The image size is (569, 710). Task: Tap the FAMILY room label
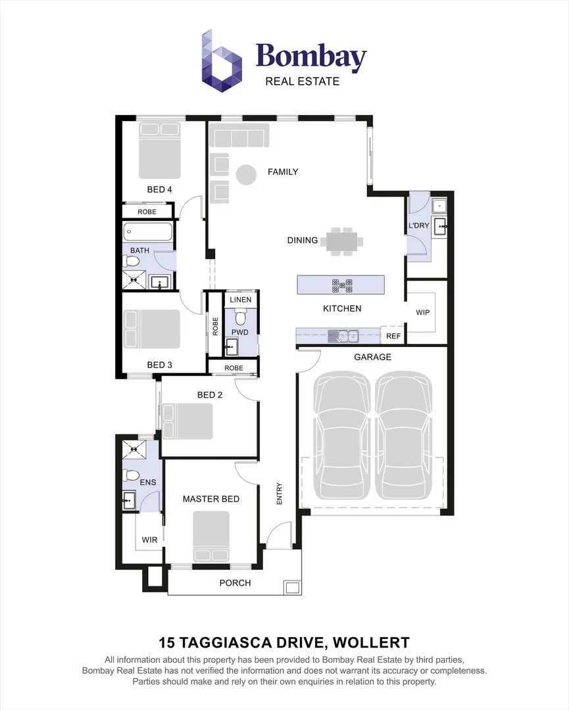tap(283, 172)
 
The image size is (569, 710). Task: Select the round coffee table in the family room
tap(246, 174)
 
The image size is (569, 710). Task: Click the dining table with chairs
tap(341, 241)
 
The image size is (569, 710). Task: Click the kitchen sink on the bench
tap(343, 337)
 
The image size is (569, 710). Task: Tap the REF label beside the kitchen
tap(393, 336)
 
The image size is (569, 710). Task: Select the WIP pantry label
tap(423, 312)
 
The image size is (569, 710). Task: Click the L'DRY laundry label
tap(419, 225)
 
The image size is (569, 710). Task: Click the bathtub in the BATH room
tap(148, 231)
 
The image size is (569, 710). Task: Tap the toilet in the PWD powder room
tap(240, 319)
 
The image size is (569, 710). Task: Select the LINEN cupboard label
tap(240, 300)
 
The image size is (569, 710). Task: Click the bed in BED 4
tap(159, 151)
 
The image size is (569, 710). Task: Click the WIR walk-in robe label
tap(149, 540)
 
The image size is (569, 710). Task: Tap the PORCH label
tap(235, 582)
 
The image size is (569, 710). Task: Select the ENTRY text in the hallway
tap(279, 494)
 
